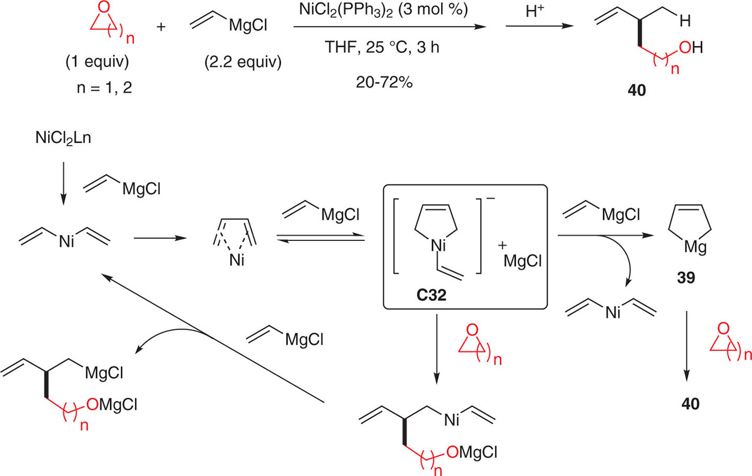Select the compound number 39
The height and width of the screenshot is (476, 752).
[x=685, y=276]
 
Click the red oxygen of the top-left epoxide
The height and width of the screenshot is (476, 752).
[x=103, y=11]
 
